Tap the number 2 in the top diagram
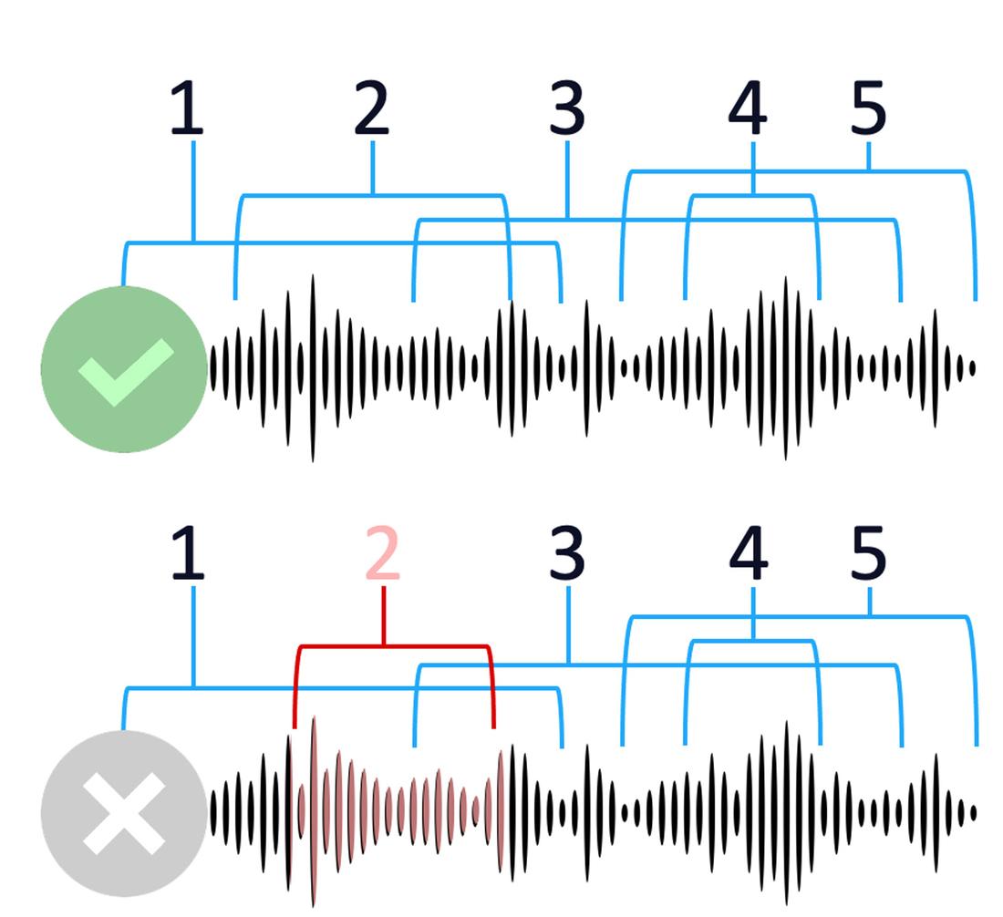tap(371, 109)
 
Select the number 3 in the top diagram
tap(567, 109)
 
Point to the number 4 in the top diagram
tap(748, 109)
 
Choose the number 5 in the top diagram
tap(868, 109)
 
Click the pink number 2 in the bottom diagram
tap(383, 554)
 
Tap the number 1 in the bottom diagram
tap(188, 554)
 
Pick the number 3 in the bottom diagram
tap(567, 554)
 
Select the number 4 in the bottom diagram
tap(748, 554)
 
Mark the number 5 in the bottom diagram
tap(868, 554)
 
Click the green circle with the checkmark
tap(124, 369)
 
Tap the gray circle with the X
tap(124, 814)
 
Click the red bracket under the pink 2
tap(392, 647)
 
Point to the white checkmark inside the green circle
tap(126, 372)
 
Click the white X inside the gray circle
tap(124, 814)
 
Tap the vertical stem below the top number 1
tap(193, 191)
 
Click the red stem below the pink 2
tap(383, 617)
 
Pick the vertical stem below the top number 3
tap(568, 180)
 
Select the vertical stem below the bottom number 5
tap(870, 603)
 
